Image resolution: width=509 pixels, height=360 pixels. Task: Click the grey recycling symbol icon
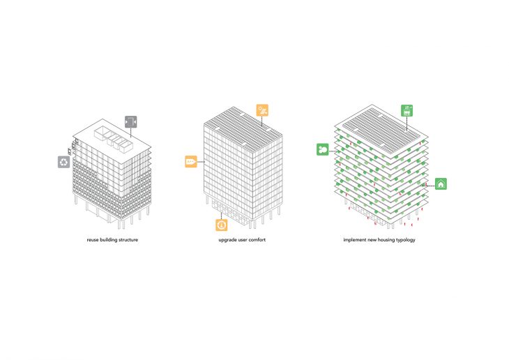tap(64, 162)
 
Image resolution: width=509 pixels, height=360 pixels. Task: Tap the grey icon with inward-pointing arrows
tap(131, 122)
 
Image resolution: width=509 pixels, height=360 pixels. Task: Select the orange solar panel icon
tap(262, 110)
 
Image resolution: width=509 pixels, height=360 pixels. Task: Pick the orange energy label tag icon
tap(191, 161)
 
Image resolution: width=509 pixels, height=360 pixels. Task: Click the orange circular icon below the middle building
tap(222, 225)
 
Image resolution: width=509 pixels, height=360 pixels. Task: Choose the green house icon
tap(441, 184)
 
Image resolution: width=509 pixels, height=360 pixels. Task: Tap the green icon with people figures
tap(407, 110)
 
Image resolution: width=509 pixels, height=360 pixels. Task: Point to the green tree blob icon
tap(323, 149)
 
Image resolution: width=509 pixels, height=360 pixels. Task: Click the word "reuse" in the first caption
tap(93, 240)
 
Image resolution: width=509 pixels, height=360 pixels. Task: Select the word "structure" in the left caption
tap(128, 240)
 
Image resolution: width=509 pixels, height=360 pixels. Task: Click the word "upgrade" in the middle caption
tap(227, 240)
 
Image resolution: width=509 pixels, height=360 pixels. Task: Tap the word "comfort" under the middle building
tap(257, 240)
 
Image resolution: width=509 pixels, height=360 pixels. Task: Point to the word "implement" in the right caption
tap(354, 240)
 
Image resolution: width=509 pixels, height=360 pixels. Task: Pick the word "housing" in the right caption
tap(386, 240)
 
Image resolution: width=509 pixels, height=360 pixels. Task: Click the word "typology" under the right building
tap(406, 240)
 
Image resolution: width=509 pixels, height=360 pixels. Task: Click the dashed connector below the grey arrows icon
tap(131, 133)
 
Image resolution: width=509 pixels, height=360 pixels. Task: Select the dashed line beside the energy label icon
tap(201, 161)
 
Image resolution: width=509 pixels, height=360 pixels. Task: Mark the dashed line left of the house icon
tap(428, 186)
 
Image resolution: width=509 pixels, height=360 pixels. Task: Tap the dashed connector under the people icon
tap(407, 123)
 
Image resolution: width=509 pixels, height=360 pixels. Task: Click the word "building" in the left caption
tap(108, 240)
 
